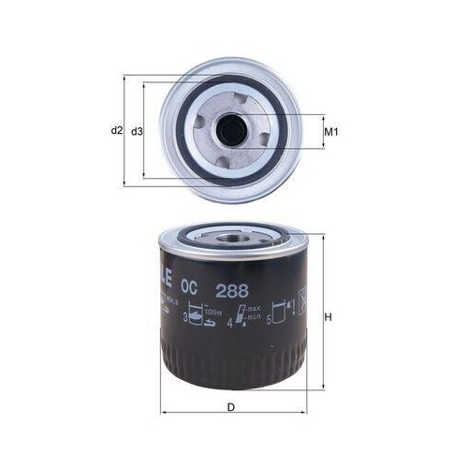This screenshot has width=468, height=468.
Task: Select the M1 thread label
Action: (x=329, y=131)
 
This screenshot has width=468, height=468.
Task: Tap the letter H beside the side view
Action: (x=329, y=318)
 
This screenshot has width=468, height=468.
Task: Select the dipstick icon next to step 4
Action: (x=242, y=316)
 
